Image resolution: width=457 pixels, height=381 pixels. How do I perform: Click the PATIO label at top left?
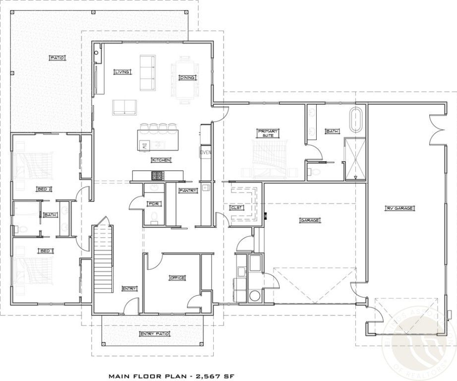coord(57,58)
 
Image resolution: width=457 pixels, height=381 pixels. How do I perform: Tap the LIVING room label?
coord(121,72)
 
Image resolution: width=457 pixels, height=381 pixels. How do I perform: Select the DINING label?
coord(187,77)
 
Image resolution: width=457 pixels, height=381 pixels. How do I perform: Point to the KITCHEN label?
coord(161,160)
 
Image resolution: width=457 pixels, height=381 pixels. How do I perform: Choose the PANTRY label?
coord(188,190)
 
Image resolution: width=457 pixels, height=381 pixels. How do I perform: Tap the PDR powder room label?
coord(153,203)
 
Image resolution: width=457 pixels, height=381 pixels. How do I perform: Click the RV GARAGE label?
coord(400,208)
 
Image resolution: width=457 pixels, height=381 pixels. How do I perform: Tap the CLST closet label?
coord(237,208)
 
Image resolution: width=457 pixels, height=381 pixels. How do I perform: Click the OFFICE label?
coord(177,278)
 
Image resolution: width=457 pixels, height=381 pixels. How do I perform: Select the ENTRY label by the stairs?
coord(129,288)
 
